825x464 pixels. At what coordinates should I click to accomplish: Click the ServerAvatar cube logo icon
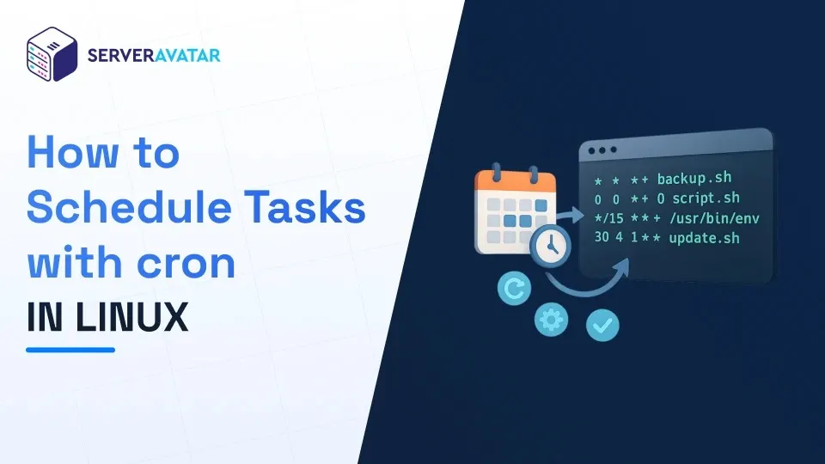(52, 54)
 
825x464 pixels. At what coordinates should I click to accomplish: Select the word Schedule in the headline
(129, 207)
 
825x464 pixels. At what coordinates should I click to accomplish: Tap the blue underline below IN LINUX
(70, 350)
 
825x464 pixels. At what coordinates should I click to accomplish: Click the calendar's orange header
(515, 181)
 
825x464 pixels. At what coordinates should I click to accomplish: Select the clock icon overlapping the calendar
(550, 247)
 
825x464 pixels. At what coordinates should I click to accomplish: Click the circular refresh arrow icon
(514, 289)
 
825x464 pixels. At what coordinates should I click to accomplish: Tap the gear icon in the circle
(551, 320)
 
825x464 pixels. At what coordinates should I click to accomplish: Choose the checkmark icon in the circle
(602, 325)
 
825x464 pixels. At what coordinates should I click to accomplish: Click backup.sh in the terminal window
(694, 179)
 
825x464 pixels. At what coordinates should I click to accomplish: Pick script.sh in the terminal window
(706, 198)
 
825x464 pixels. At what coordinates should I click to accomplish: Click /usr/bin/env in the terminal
(714, 217)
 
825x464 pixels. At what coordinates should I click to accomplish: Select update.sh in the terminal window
(704, 238)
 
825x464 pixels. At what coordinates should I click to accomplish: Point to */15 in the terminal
(608, 217)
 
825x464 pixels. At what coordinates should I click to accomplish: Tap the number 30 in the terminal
(602, 237)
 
